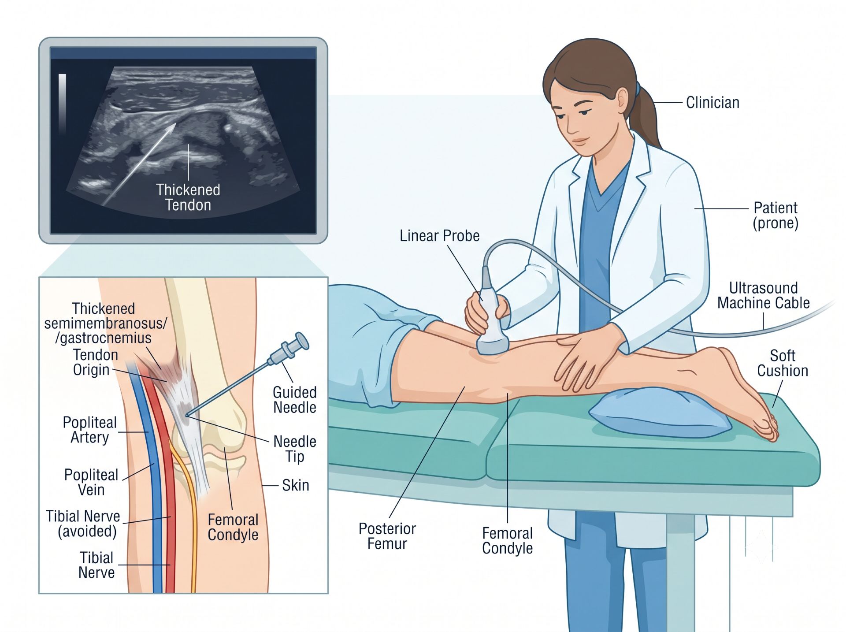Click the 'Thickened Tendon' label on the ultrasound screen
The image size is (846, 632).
click(x=188, y=197)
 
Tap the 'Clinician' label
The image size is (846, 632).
click(x=712, y=103)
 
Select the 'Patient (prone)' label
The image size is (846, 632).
click(x=775, y=215)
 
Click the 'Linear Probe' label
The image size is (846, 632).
click(x=439, y=236)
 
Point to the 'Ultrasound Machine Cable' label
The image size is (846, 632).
click(x=763, y=295)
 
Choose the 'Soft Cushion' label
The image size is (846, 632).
click(x=783, y=363)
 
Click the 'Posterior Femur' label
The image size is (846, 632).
click(x=387, y=536)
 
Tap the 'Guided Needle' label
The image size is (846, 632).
click(x=294, y=400)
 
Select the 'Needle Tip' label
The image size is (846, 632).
click(x=295, y=449)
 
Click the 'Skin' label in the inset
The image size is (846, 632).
click(x=295, y=485)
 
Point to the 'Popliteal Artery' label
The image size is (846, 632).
click(x=89, y=430)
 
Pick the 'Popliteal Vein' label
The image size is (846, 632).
click(x=91, y=482)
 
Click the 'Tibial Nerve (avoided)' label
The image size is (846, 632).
click(x=83, y=524)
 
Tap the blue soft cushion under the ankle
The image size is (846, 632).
click(x=660, y=412)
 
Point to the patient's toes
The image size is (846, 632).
click(x=768, y=427)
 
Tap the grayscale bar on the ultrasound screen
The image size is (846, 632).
click(x=63, y=103)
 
